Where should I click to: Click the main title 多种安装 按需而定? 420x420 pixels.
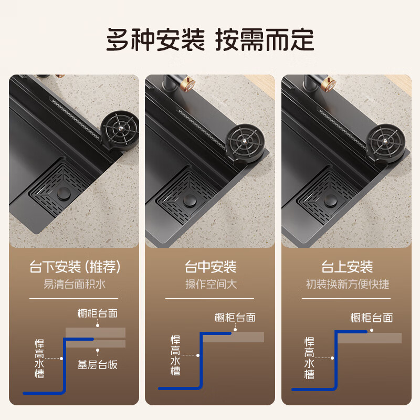click(x=210, y=39)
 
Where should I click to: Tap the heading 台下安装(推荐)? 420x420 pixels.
click(x=75, y=267)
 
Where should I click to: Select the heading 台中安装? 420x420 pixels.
click(x=210, y=267)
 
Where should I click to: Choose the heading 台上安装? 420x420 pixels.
click(x=347, y=267)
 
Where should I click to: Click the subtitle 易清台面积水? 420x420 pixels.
click(x=75, y=285)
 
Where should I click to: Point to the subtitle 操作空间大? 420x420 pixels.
click(x=210, y=285)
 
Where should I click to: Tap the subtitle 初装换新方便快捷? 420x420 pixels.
click(x=347, y=285)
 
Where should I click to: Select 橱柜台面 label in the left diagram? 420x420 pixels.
click(x=98, y=313)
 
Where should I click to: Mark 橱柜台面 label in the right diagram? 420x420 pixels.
click(x=371, y=318)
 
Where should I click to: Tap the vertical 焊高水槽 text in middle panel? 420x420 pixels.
click(x=175, y=355)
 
